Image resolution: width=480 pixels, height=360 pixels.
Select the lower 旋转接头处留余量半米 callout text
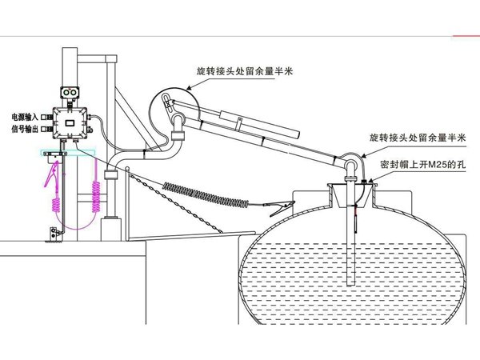coord(413,138)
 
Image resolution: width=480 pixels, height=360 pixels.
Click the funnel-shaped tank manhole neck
coord(350,194)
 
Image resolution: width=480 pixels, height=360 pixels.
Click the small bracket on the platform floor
coord(54,234)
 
